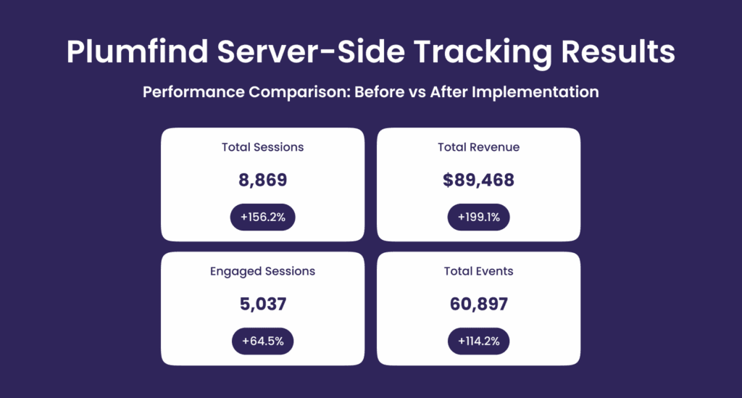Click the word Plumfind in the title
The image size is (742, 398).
[137, 51]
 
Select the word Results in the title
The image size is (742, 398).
[617, 51]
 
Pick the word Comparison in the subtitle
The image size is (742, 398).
[299, 92]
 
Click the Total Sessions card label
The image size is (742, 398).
[262, 147]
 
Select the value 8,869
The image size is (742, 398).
[262, 180]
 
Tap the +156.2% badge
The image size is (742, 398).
[262, 217]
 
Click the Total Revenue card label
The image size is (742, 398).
[478, 147]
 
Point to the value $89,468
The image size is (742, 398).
[478, 180]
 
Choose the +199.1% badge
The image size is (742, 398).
[478, 217]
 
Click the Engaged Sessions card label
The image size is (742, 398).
[262, 272]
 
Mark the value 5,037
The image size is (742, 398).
[262, 304]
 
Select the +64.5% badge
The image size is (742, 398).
[262, 341]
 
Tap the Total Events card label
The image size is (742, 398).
[478, 271]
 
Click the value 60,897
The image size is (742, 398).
[478, 304]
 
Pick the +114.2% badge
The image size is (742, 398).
[478, 341]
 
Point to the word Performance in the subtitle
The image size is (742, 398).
[193, 92]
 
